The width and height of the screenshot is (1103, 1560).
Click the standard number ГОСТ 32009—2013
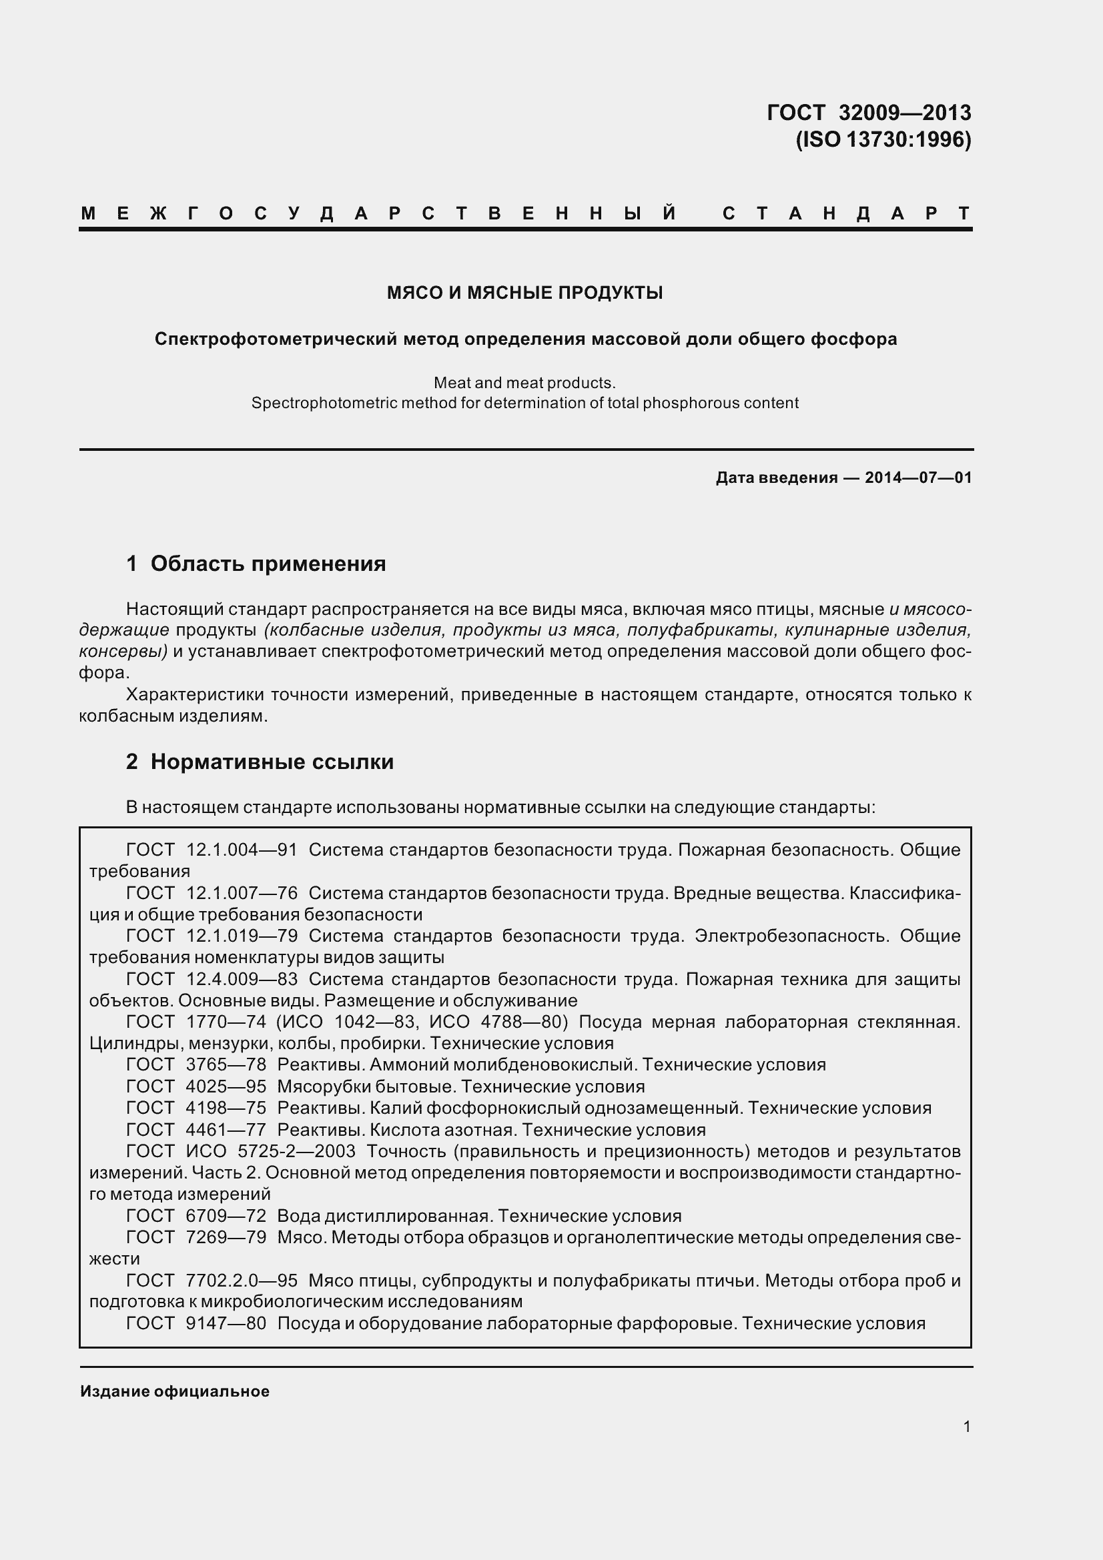pos(869,112)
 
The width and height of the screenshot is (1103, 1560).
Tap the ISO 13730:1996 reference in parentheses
pos(883,139)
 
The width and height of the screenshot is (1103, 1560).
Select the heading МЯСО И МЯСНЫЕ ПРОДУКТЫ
pos(524,293)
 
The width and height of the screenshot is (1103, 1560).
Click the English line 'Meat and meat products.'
pos(524,383)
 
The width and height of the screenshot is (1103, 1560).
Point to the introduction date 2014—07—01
pos(918,478)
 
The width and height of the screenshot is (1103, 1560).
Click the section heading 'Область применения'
pos(268,564)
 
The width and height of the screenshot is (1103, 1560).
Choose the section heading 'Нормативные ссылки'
pos(272,762)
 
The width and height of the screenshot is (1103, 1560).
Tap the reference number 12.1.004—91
pos(242,850)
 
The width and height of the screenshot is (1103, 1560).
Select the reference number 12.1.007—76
pos(242,894)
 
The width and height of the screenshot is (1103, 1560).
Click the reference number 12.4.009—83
pos(242,979)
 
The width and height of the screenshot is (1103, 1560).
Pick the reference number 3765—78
pos(226,1064)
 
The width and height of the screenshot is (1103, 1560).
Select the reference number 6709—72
pos(226,1216)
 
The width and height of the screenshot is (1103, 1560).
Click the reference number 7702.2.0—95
pos(242,1280)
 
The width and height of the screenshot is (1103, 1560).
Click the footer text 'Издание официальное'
pos(175,1391)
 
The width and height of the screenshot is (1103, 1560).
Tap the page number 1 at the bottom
pos(967,1426)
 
